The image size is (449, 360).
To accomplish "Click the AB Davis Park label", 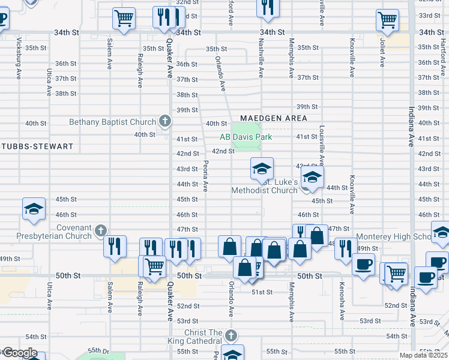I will pos(246,137).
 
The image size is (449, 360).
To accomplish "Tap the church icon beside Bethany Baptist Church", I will pos(165,122).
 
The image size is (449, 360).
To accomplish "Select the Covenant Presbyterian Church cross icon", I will pos(101,230).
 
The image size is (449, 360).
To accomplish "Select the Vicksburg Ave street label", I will pos(19,52).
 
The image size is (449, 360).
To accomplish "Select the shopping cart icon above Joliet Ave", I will pos(387,20).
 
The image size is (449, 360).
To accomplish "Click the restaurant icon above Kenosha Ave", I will pos(345,248).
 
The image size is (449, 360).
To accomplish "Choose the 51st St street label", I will pos(262,292).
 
